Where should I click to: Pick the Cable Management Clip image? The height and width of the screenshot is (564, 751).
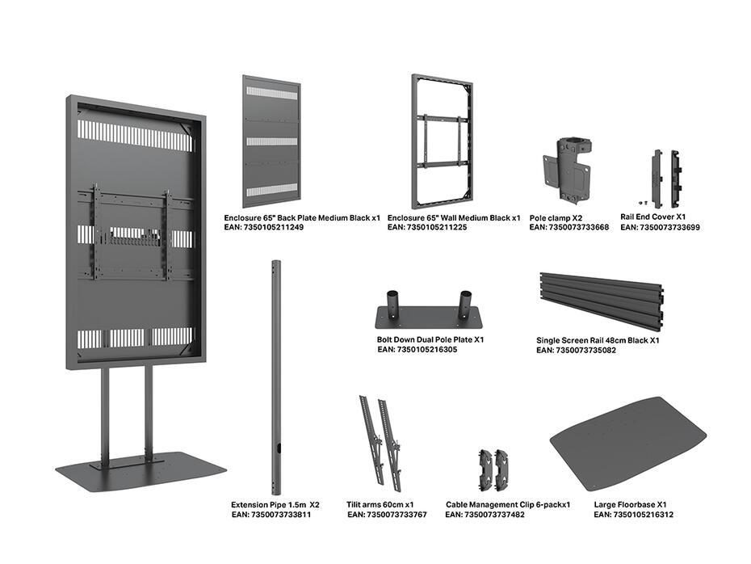click(494, 468)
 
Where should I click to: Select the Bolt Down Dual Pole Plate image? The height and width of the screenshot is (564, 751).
click(428, 313)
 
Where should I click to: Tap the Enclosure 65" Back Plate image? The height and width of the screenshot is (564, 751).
click(271, 141)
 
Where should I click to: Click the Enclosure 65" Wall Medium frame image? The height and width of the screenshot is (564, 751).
click(442, 141)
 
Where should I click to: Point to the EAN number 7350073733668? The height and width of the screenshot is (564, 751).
click(568, 228)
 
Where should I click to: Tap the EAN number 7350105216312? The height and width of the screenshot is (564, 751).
click(633, 515)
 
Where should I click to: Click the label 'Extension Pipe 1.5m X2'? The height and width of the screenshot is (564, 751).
click(275, 504)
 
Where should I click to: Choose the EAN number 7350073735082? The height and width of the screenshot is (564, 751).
click(577, 351)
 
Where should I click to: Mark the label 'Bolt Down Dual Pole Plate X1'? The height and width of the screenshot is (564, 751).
click(430, 339)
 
